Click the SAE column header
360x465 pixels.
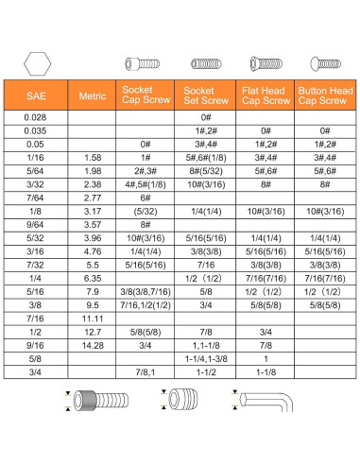coord(34,95)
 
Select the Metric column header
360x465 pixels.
coord(92,95)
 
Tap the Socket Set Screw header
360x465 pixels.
coord(205,95)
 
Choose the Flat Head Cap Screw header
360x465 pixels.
coord(266,95)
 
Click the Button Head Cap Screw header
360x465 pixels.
coord(325,95)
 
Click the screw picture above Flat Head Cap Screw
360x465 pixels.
coord(266,64)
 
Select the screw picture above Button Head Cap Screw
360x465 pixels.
coord(325,64)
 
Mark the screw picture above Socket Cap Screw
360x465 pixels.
coord(145,64)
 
